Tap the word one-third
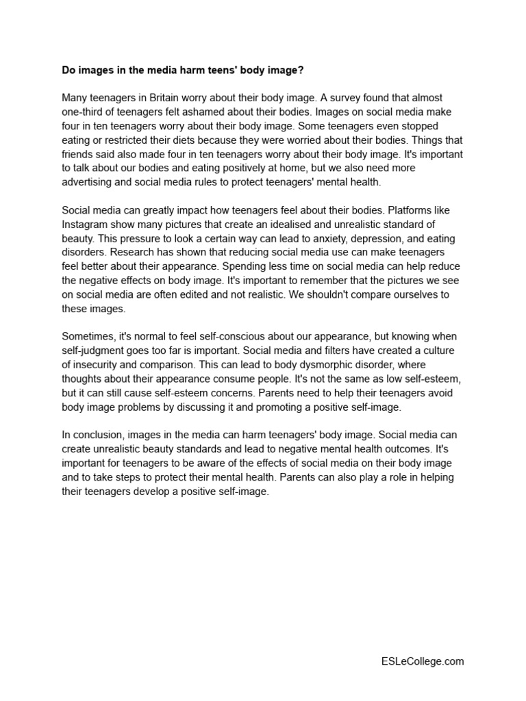85,112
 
